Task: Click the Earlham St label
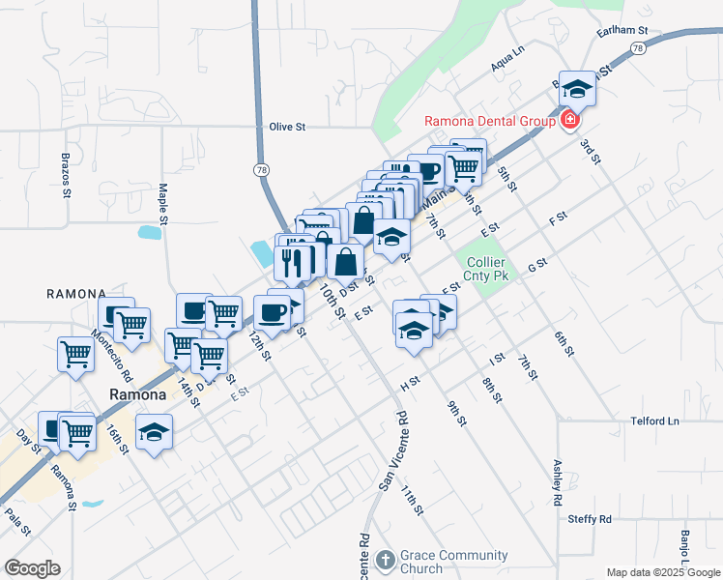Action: point(623,31)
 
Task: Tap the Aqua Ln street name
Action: point(506,60)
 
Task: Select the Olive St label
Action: point(287,127)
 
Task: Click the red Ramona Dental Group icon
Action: point(569,121)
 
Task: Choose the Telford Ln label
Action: point(655,421)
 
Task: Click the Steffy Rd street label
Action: point(590,519)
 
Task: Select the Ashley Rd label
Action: point(557,482)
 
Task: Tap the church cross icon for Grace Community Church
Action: point(385,560)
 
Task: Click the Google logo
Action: point(32,567)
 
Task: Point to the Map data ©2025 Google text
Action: point(662,572)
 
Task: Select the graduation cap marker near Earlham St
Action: point(577,89)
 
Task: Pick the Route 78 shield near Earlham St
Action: point(637,47)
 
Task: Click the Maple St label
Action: point(163,205)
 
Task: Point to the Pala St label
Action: point(18,521)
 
